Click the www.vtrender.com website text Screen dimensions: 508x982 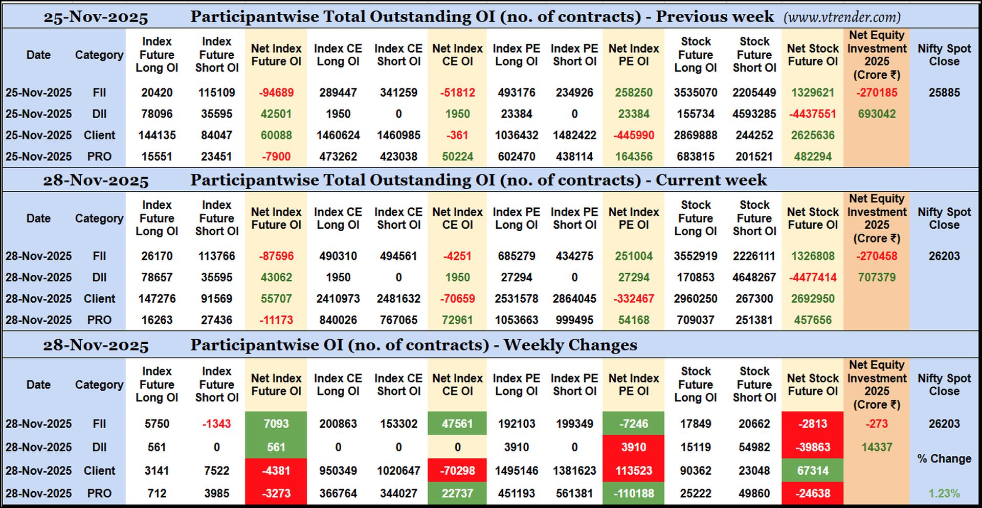coord(842,17)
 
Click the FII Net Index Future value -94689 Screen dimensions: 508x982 coord(276,93)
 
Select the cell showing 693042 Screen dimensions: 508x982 coord(877,114)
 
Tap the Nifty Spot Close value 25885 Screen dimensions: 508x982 coord(944,93)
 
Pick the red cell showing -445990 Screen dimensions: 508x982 coord(634,136)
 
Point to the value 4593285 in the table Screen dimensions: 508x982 coord(754,114)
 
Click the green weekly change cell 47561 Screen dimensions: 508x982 coord(457,424)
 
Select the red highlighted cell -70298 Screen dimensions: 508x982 coord(457,471)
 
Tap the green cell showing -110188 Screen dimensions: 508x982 coord(634,494)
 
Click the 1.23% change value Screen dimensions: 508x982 coord(944,494)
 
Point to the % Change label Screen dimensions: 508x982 coord(944,459)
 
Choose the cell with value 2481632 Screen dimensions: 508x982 coord(398,299)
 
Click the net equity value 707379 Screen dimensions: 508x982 coord(877,277)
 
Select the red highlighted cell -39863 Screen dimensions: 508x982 coord(813,447)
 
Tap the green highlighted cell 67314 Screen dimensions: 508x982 coord(813,471)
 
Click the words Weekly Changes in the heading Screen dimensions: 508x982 coord(570,345)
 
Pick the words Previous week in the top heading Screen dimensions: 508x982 coord(715,17)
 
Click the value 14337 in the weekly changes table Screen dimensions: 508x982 coord(877,447)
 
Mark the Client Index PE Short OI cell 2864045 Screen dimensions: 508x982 coord(574,299)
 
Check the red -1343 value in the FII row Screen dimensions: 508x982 coord(216,424)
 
